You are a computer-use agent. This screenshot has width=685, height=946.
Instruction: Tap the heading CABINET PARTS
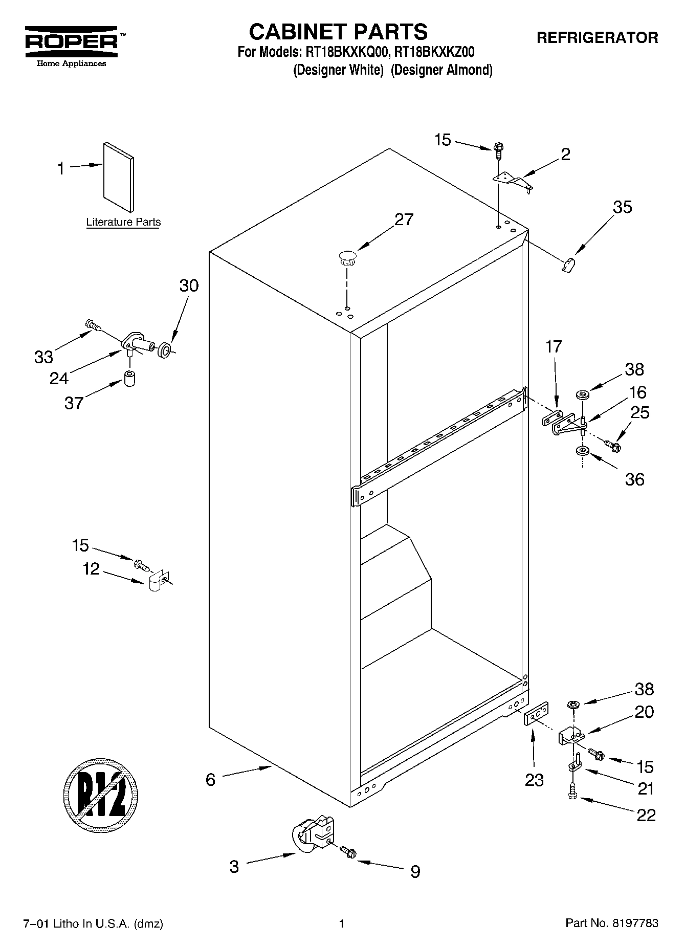point(338,32)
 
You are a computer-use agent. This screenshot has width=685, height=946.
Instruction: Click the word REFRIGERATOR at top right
point(596,37)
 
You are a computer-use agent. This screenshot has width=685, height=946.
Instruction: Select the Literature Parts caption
point(123,222)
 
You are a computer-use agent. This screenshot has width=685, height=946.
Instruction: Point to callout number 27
point(404,219)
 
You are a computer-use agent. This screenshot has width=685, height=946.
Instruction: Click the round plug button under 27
point(347,257)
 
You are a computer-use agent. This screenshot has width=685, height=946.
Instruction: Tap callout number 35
point(622,207)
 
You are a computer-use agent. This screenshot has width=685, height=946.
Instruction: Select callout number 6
point(210,779)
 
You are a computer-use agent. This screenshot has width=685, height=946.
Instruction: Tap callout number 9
point(415,871)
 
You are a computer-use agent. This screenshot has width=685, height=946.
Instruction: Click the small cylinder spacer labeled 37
point(130,379)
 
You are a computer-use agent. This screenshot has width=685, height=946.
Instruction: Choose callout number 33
point(43,356)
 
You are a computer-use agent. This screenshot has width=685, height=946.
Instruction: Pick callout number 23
point(534,780)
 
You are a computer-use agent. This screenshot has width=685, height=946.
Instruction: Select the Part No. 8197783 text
point(611,923)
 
